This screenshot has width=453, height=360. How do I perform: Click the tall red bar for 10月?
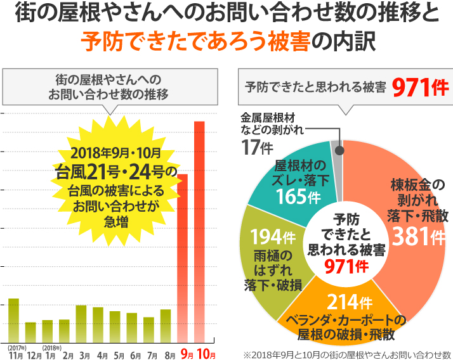coord(199,231)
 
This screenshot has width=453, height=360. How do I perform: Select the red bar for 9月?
coord(183,257)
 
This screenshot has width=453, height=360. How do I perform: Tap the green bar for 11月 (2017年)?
coord(13,319)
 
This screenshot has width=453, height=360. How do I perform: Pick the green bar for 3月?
coord(81,323)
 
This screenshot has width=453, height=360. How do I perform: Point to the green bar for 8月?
coord(166,325)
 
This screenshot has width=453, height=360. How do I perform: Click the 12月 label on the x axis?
coord(35,354)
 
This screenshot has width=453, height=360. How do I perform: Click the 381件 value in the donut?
coord(419,237)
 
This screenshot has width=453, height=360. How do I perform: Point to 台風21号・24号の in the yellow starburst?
coord(117,171)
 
